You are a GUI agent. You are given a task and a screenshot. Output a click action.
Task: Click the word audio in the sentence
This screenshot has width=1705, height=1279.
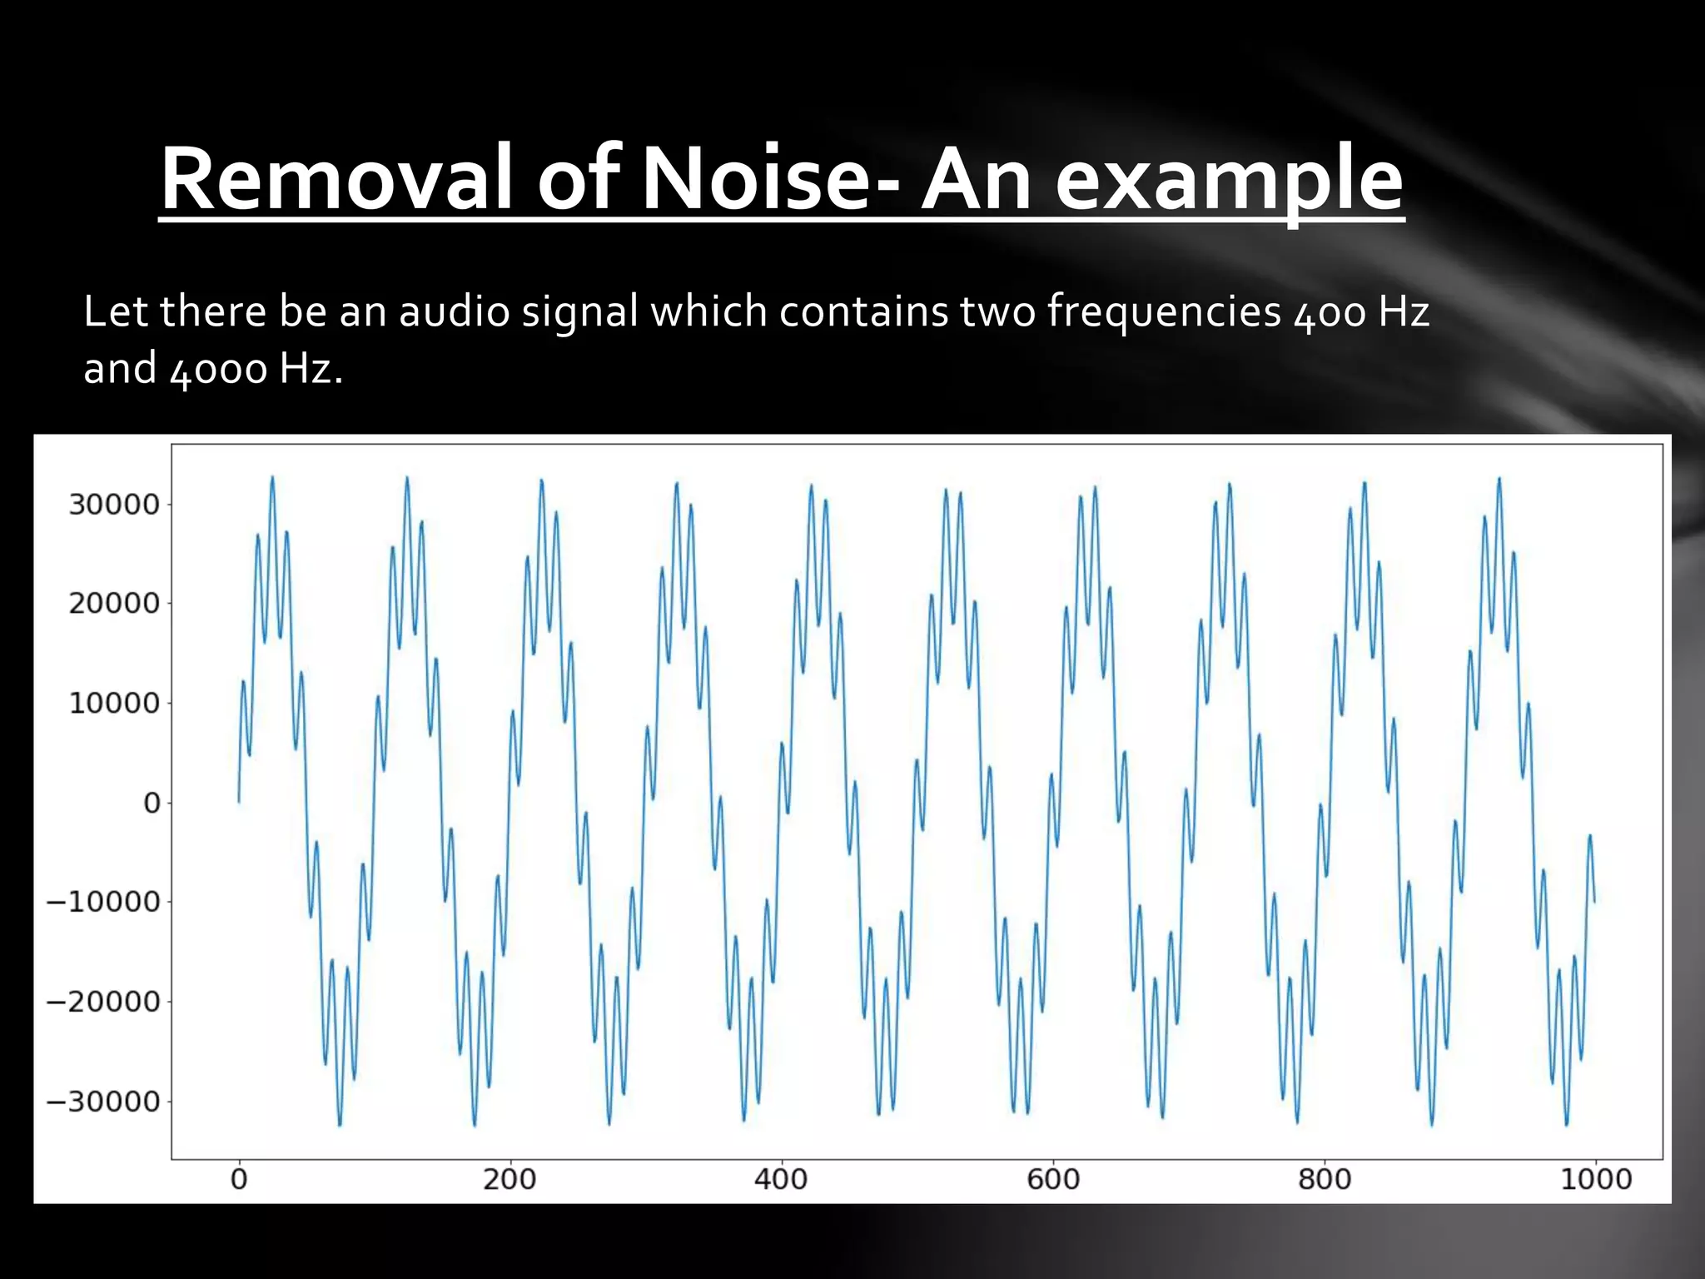tap(454, 311)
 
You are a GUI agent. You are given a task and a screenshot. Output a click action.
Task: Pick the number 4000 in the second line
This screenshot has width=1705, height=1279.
tap(218, 369)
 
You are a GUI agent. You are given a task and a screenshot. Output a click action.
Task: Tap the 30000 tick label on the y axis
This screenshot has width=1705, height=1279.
tap(113, 505)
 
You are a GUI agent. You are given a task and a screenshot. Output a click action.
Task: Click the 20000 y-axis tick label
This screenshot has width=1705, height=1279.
tap(113, 604)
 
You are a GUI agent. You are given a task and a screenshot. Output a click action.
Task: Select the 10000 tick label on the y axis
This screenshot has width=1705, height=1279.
tap(113, 704)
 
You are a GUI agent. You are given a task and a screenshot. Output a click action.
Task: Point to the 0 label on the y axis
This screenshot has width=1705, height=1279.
tap(152, 803)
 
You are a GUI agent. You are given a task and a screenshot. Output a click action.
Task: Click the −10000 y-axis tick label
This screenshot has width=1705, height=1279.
tap(102, 902)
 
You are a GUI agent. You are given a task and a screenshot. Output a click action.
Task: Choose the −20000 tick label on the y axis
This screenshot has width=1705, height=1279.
tap(102, 1002)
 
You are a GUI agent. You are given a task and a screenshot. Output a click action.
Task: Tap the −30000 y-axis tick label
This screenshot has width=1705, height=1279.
tap(102, 1102)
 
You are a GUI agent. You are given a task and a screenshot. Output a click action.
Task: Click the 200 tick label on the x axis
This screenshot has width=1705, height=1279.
tap(510, 1179)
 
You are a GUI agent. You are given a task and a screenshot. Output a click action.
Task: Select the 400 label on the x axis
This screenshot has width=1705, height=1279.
tap(781, 1179)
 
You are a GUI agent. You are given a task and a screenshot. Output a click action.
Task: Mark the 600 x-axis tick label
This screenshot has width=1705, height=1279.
tap(1053, 1179)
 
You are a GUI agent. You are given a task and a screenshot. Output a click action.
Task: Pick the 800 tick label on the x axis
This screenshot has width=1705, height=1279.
tap(1325, 1179)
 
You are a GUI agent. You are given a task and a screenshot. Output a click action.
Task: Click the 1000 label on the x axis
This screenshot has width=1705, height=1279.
tap(1595, 1179)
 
